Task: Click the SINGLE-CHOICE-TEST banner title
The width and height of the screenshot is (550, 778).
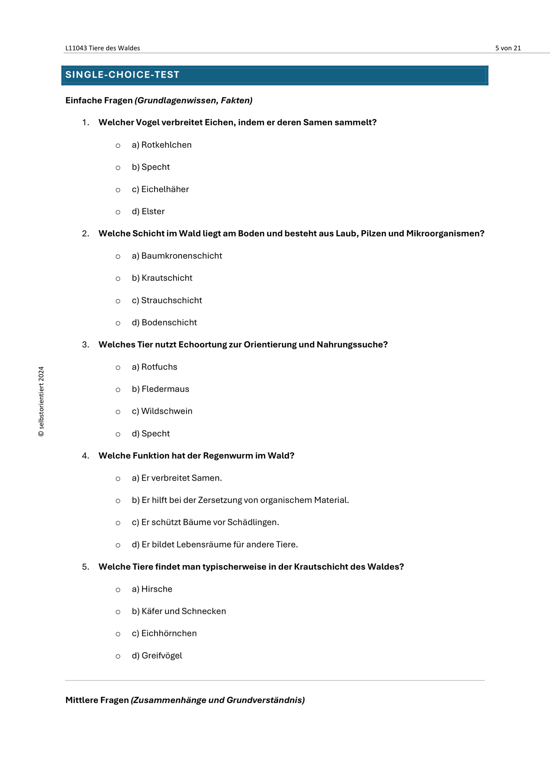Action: coord(122,75)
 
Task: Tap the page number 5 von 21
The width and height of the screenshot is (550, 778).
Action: coord(508,48)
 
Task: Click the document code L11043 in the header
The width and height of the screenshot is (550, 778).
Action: coord(76,48)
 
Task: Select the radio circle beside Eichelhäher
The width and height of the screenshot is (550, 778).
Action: coord(118,190)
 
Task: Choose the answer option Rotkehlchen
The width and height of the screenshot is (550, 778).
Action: coord(166,145)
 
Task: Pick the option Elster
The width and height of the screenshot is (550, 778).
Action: coord(153,212)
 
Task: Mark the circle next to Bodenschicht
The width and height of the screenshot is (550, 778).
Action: coord(118,323)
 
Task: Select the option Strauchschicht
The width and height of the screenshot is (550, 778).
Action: coord(171,300)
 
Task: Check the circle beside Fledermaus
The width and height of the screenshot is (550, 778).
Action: coord(118,390)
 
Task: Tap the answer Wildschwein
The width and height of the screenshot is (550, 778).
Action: coord(167,411)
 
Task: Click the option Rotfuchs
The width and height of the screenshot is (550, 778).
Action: coord(159,367)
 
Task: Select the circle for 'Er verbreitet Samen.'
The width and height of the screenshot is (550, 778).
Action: coord(118,479)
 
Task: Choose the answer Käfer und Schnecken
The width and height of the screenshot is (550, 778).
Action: coord(183,611)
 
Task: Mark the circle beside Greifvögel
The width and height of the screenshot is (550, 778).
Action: coord(118,656)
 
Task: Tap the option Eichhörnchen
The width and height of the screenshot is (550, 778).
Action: coord(169,634)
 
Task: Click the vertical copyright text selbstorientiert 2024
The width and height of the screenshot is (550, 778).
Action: coord(41,402)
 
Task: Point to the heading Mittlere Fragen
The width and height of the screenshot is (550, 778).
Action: coord(97,700)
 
